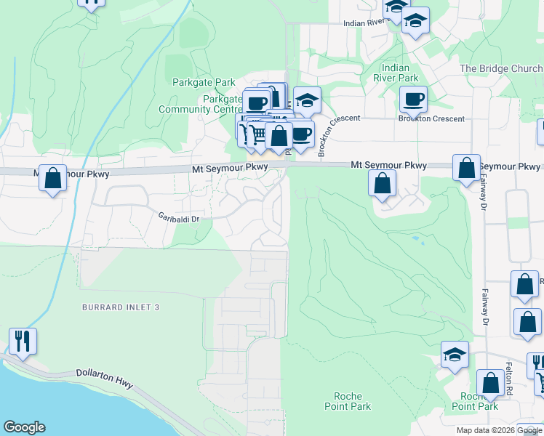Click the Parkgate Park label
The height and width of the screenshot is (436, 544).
[x=194, y=82]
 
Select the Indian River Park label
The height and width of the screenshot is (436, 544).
[x=396, y=73]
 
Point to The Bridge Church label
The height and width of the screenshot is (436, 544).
[x=501, y=69]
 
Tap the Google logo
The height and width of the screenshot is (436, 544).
[x=24, y=427]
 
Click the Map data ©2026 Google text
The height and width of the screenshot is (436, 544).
[x=498, y=430]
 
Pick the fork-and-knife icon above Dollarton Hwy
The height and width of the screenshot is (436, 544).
[x=23, y=340]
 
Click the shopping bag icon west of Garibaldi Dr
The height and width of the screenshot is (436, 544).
[x=52, y=178]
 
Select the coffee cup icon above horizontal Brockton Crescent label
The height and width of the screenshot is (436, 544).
[x=413, y=99]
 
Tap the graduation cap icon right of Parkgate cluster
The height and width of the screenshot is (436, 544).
[x=307, y=100]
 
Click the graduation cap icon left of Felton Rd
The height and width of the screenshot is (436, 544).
[x=455, y=355]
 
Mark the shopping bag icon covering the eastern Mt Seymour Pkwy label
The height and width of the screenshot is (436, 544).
[x=466, y=167]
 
